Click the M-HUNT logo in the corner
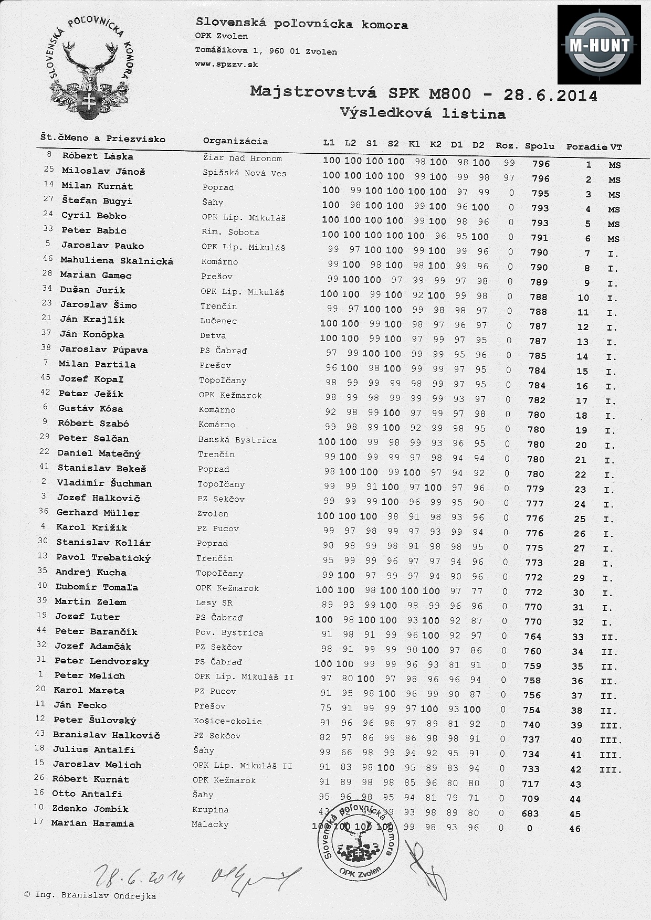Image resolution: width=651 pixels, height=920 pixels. click(599, 45)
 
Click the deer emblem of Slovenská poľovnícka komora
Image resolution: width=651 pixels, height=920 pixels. click(89, 68)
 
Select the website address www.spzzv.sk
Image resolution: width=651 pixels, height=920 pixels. click(226, 65)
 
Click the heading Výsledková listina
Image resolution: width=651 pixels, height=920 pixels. click(423, 113)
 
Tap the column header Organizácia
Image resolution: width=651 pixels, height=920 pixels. click(235, 141)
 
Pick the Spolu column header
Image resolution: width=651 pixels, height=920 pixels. click(539, 146)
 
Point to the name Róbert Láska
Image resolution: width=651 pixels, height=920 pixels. click(98, 156)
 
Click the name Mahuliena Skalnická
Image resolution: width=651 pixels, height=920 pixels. click(117, 260)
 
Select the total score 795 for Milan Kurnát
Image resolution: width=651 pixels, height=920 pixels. click(540, 194)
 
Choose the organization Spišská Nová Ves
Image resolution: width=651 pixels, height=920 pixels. click(244, 173)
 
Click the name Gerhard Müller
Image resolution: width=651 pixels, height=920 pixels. click(98, 513)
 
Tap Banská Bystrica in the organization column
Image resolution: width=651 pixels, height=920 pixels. click(237, 440)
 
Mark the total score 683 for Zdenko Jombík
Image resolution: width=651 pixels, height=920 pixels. click(530, 813)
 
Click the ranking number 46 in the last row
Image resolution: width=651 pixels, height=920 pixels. click(575, 829)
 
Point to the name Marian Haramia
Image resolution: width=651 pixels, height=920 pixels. click(92, 823)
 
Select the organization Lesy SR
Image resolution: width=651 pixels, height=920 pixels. click(214, 602)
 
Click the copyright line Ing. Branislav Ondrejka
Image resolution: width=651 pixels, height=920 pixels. click(90, 895)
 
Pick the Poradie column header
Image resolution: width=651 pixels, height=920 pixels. click(587, 147)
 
